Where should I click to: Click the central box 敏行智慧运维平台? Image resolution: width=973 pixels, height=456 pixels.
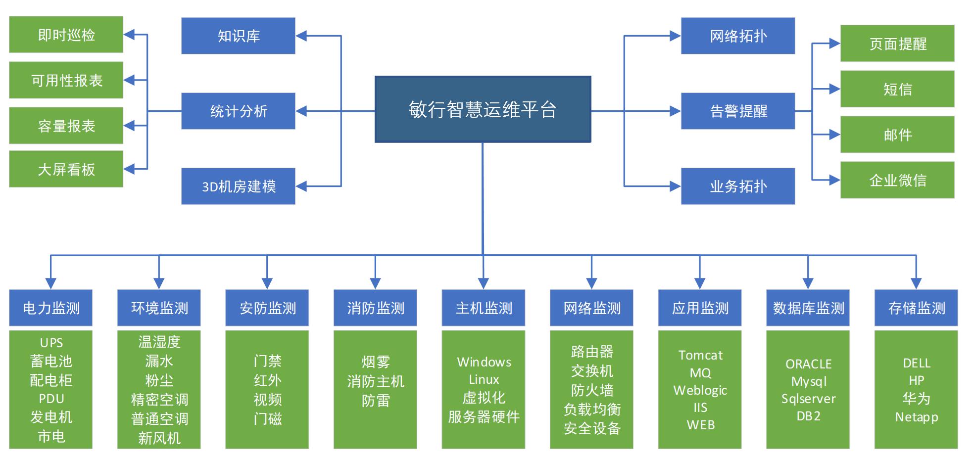point(483,109)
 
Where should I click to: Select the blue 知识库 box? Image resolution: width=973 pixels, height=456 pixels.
point(238,36)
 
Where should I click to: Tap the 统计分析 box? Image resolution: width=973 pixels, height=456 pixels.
point(238,111)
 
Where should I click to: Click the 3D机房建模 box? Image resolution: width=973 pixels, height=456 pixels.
point(238,186)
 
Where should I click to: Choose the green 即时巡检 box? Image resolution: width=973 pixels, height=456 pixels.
point(66,35)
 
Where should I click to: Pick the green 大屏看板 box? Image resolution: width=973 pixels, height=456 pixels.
point(66,170)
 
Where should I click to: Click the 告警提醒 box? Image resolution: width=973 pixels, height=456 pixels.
point(738,111)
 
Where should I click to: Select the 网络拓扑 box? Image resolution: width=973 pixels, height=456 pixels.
point(738,36)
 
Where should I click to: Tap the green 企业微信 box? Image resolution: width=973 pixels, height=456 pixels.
point(897,180)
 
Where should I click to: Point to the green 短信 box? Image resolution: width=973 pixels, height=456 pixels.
point(897,89)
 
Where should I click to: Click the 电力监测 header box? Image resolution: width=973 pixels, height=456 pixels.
point(51,308)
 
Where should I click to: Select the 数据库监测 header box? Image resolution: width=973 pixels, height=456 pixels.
point(808,308)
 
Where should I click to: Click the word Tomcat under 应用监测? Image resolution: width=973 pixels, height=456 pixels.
point(700,355)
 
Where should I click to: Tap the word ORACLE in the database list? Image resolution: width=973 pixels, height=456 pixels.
point(808,364)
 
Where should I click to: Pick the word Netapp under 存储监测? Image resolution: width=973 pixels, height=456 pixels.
point(916,417)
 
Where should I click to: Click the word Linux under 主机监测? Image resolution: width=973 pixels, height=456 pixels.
point(484,379)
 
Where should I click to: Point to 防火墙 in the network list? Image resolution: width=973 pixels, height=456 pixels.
point(592,390)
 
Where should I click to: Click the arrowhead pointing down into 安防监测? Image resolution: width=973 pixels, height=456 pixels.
point(267,284)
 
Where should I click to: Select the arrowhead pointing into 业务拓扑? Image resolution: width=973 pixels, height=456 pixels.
point(675,186)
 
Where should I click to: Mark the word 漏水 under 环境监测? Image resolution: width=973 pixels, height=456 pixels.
point(159,361)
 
